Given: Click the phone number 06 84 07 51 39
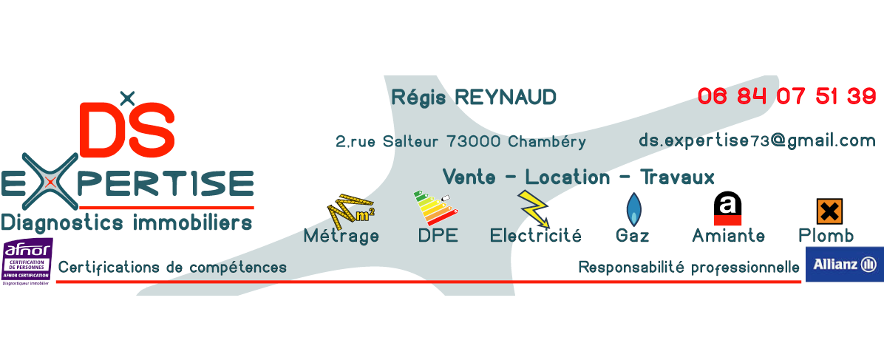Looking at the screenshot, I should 786,97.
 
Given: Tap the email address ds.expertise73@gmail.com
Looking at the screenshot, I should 757,140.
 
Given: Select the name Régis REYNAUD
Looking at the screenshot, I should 473,97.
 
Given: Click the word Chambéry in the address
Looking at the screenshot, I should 547,141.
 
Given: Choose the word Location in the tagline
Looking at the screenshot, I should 567,177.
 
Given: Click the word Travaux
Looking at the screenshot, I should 677,177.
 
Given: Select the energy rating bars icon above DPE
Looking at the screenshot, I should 435,208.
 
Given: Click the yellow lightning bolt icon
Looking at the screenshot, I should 534,208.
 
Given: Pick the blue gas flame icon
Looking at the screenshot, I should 633,209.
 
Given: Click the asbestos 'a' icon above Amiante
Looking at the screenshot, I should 727,209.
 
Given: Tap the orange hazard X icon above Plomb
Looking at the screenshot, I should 829,211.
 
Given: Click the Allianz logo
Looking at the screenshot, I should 844,264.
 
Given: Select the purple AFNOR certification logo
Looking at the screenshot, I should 27,262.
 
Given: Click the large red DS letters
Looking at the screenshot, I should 126,128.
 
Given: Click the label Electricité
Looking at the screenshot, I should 535,236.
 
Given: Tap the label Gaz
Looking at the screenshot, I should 632,236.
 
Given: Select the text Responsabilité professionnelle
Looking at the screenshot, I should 688,267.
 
